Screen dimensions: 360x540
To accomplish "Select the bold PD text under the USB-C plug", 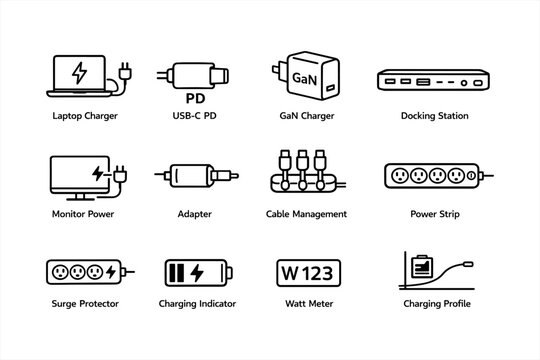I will click(x=196, y=98).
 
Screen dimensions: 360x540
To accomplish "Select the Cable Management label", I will click(x=307, y=214).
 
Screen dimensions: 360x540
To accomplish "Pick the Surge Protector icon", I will click(x=86, y=271).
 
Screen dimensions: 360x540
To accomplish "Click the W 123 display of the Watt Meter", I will click(x=307, y=272).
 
